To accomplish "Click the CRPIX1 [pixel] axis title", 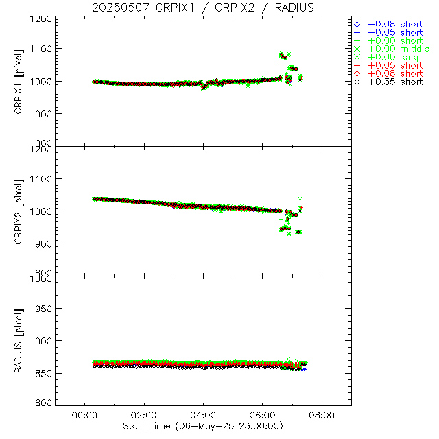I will (27, 81).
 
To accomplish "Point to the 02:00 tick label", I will (143, 416).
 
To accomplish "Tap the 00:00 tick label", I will (84, 416).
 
